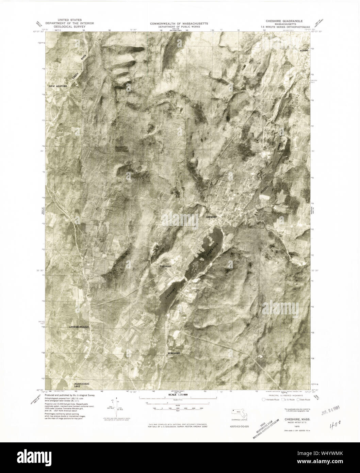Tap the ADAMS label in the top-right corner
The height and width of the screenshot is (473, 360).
point(304,50)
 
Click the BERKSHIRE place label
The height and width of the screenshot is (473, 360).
point(174,354)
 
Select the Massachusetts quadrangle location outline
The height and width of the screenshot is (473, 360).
point(240,412)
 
